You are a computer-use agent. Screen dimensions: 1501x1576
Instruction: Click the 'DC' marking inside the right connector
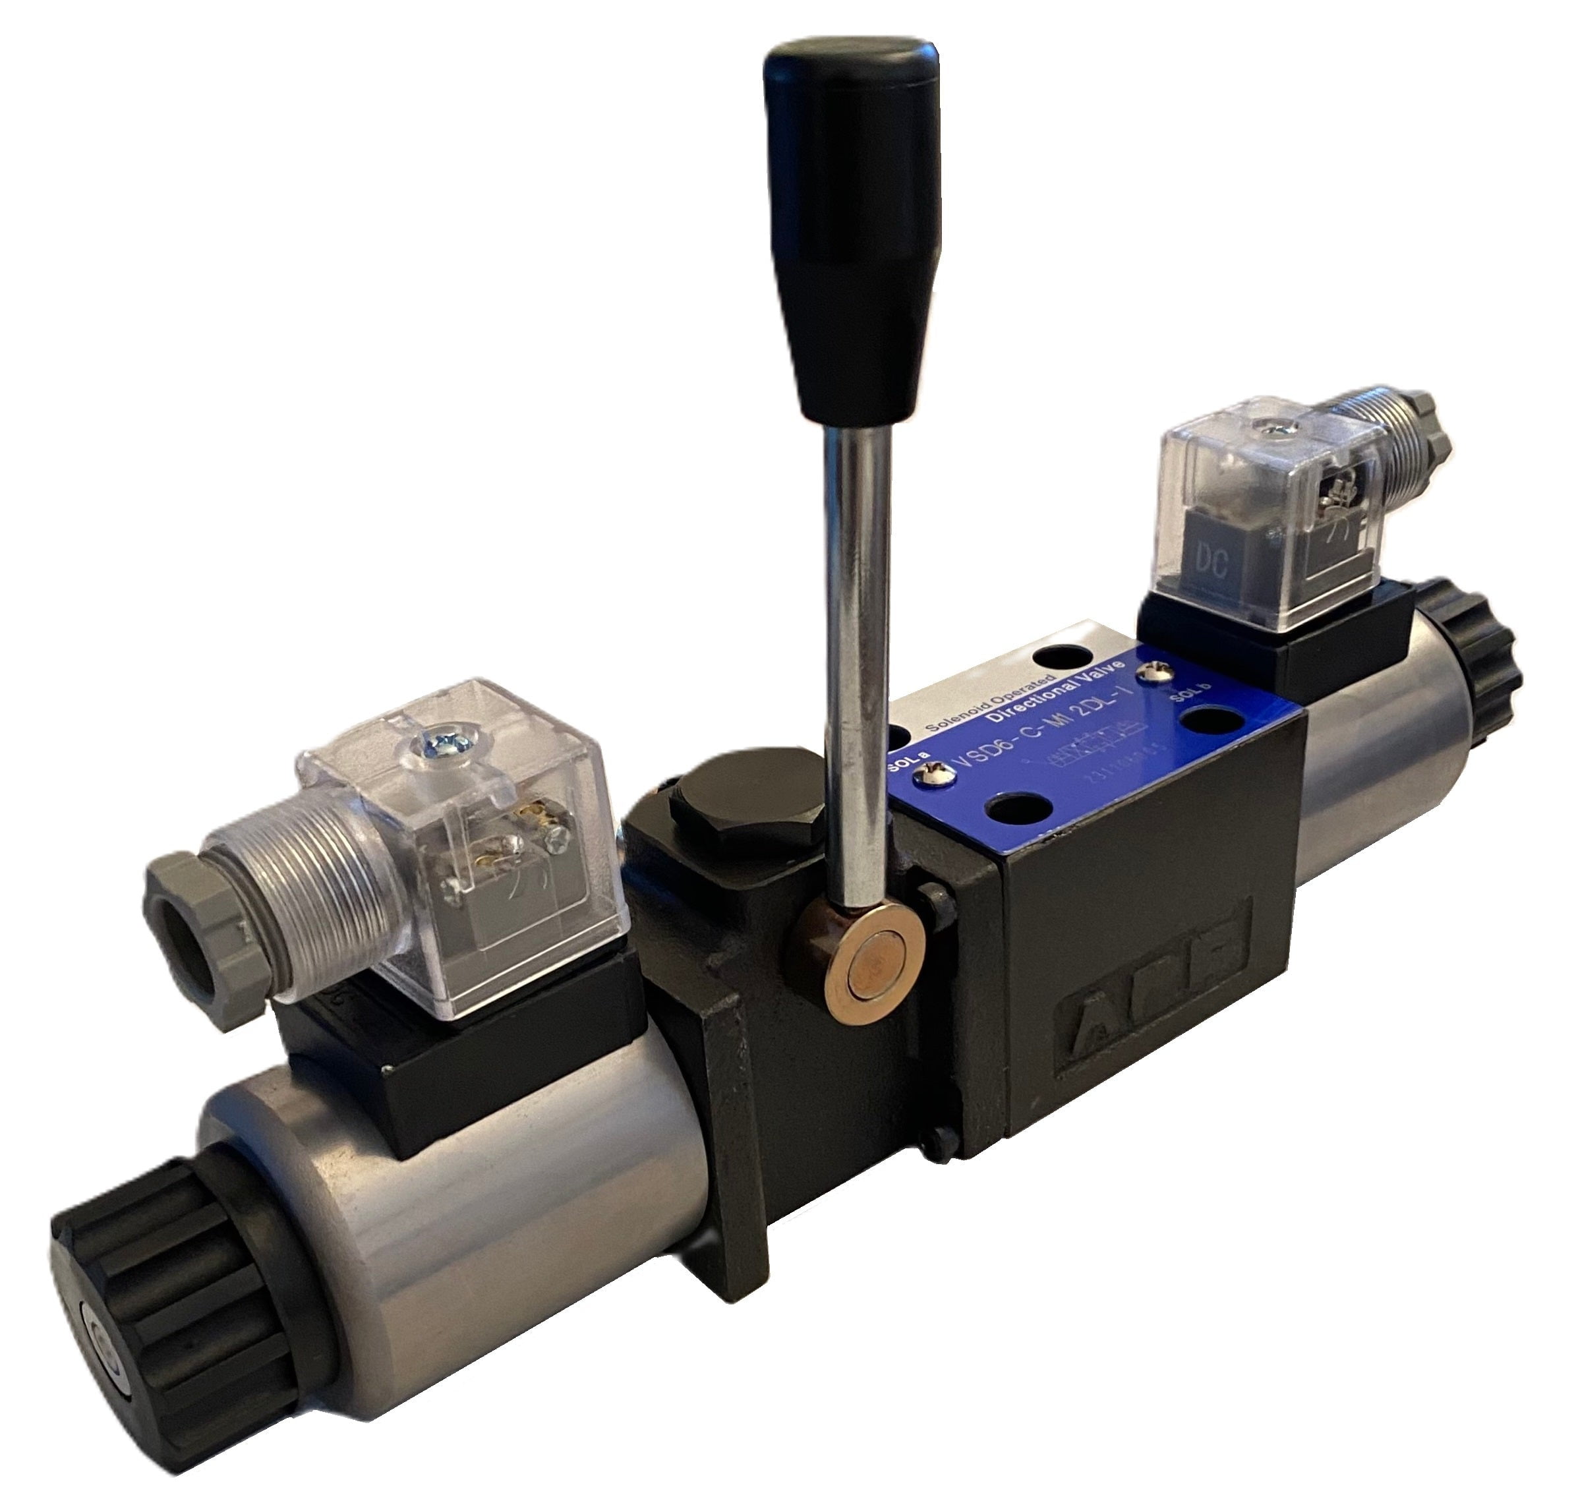pyautogui.click(x=1213, y=562)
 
